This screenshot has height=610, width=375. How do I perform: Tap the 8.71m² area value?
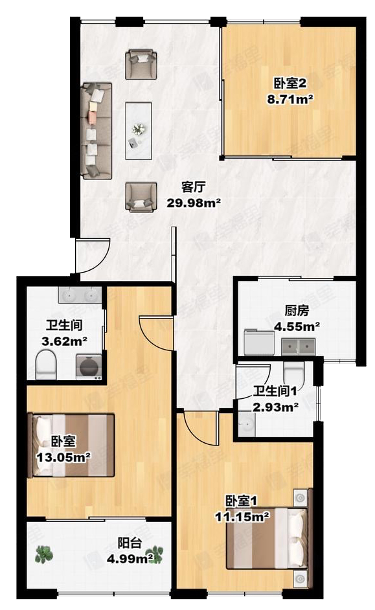290,99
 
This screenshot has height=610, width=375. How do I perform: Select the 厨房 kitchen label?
297,311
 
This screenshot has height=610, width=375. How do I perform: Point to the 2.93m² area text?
276,407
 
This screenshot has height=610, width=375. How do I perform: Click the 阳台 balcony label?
130,543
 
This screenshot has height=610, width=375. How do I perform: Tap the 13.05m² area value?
63,457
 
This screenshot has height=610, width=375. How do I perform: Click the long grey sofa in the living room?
97,131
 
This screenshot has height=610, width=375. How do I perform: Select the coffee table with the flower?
138,130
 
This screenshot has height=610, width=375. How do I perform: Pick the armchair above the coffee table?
141,64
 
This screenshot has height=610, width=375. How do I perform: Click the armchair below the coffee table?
141,198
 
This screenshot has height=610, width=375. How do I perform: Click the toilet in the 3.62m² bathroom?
46,365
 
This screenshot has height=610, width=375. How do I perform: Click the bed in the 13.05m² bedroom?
72,446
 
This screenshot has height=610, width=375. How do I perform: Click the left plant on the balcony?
43,554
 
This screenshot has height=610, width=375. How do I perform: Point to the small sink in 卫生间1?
246,425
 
